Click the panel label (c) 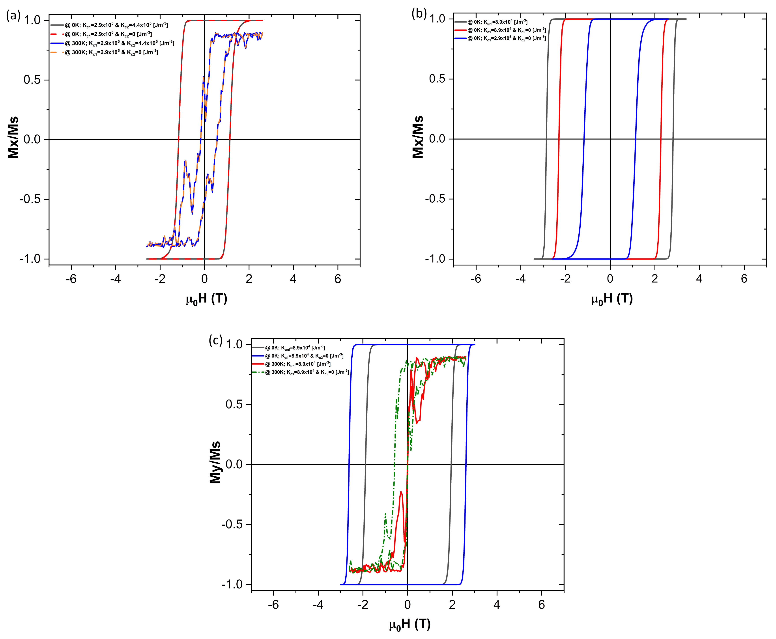(x=216, y=340)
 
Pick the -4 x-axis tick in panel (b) (x=520, y=279)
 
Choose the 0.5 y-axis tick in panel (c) (x=234, y=405)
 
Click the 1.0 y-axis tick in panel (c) (x=234, y=345)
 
